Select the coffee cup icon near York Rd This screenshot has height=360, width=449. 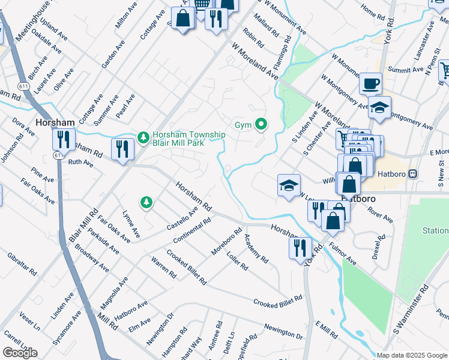pos(371,83)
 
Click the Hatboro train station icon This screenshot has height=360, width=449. pos(412,174)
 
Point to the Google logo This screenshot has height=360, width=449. pos(20,353)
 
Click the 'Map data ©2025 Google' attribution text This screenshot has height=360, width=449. pos(412,355)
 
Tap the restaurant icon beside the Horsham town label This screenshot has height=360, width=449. pos(63,140)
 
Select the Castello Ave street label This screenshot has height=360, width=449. pos(182,220)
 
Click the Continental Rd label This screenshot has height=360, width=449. pos(191,231)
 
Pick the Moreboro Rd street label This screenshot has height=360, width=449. pos(226,241)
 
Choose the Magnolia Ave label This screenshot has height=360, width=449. pos(114,290)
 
